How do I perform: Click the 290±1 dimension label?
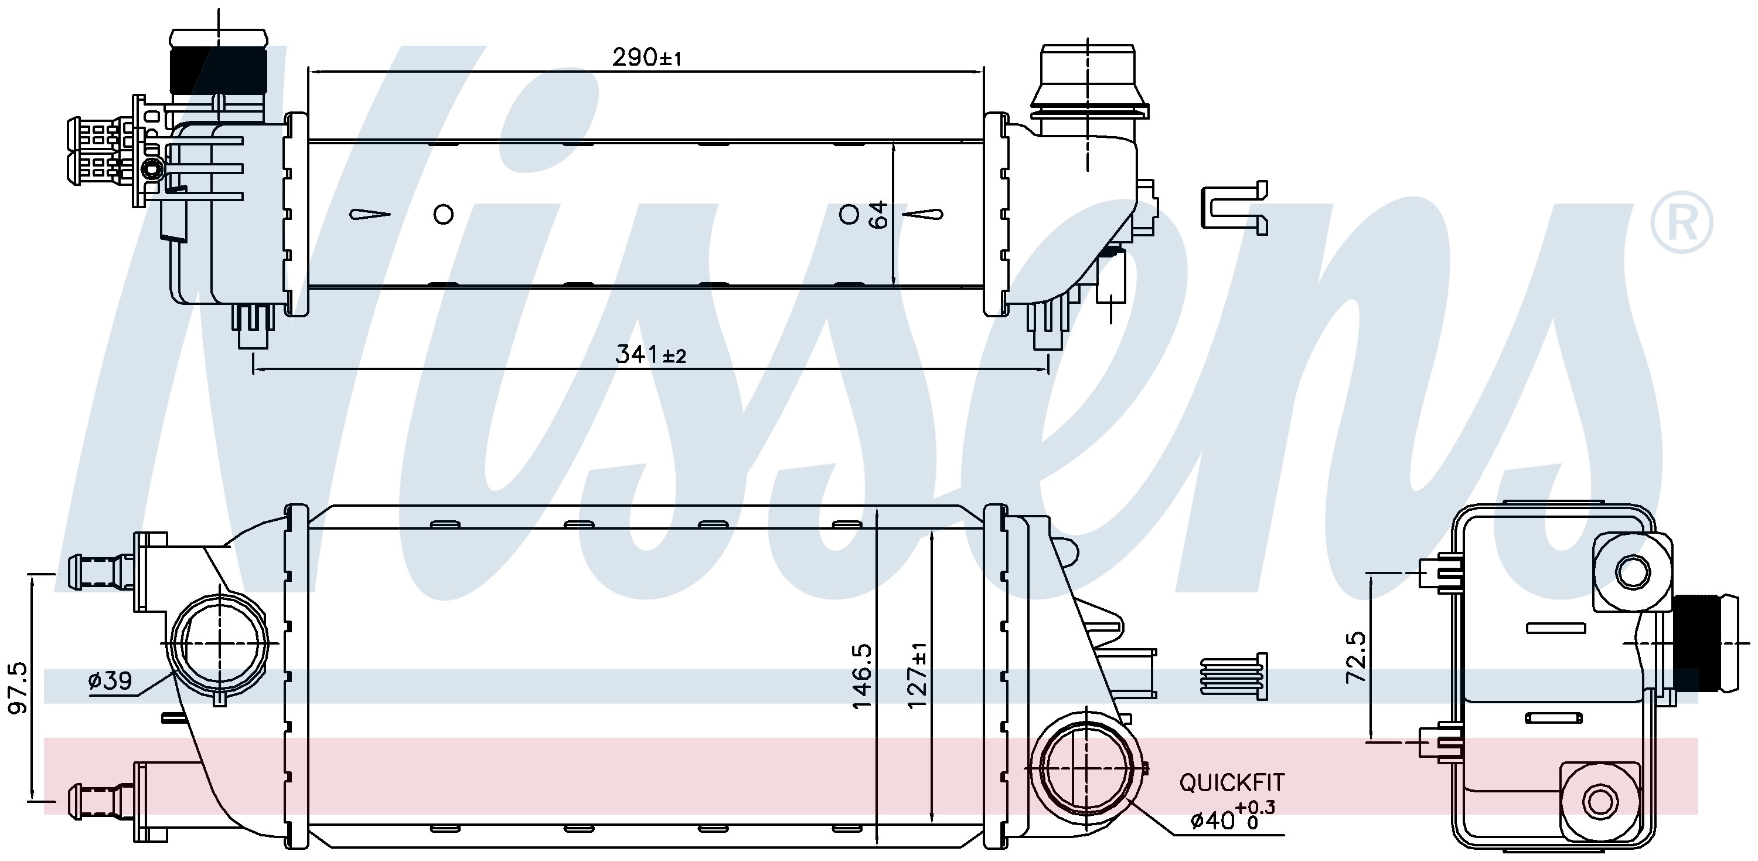click(x=646, y=57)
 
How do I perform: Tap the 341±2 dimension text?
click(x=650, y=354)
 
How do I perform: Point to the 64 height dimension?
click(x=879, y=215)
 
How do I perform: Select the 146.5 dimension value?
click(x=861, y=675)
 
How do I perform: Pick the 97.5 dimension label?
click(x=18, y=687)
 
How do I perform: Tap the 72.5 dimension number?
click(x=1357, y=657)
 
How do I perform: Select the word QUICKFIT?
click(x=1232, y=782)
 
